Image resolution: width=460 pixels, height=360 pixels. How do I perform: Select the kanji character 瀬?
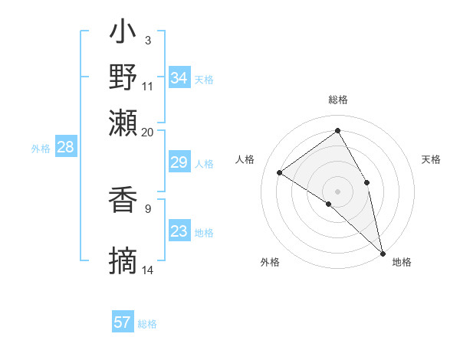pyautogui.click(x=123, y=123)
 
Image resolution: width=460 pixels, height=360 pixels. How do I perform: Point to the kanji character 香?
pyautogui.click(x=123, y=200)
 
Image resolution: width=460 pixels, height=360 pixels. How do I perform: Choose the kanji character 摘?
pyautogui.click(x=123, y=261)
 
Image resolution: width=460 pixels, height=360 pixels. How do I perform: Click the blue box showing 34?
pyautogui.click(x=179, y=78)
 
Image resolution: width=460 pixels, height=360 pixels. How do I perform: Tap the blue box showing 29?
pyautogui.click(x=179, y=162)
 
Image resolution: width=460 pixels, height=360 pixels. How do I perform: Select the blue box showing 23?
pyautogui.click(x=179, y=231)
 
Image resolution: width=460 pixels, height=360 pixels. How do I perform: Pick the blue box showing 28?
pyautogui.click(x=65, y=148)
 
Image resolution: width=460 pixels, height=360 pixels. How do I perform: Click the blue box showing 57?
pyautogui.click(x=122, y=322)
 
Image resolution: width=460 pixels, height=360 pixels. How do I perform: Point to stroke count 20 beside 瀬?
pyautogui.click(x=147, y=132)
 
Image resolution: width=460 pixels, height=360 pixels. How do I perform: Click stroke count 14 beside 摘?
pyautogui.click(x=148, y=270)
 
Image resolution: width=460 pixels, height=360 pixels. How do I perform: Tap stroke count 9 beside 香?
pyautogui.click(x=148, y=207)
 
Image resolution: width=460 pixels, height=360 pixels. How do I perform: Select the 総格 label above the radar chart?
pyautogui.click(x=338, y=100)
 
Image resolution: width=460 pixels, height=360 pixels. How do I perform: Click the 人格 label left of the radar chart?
pyautogui.click(x=245, y=159)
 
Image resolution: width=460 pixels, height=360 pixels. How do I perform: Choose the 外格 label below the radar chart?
pyautogui.click(x=270, y=262)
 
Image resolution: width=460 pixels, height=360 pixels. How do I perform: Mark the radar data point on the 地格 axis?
pyautogui.click(x=382, y=252)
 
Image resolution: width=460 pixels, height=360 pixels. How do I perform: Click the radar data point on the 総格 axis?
pyautogui.click(x=338, y=130)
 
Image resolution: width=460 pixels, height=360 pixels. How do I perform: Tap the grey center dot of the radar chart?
pyautogui.click(x=338, y=191)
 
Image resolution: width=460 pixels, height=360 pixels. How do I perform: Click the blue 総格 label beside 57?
pyautogui.click(x=147, y=324)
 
